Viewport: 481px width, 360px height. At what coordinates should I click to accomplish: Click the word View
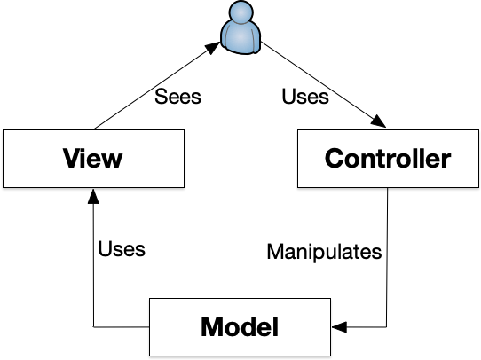point(92,160)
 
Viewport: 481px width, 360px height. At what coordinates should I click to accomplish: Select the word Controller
point(388,160)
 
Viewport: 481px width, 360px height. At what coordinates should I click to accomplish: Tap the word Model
point(240,327)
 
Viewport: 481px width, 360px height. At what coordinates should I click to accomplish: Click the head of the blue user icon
point(240,13)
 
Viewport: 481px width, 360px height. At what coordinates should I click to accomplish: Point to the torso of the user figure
point(240,37)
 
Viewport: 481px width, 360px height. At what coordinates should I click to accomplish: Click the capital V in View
point(71,160)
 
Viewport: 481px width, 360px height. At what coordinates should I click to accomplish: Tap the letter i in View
point(84,160)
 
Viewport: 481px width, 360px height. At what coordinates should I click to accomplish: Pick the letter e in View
point(96,161)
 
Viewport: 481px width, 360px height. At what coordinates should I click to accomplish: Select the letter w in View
point(113,161)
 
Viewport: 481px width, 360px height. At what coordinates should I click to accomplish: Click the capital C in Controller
point(335,160)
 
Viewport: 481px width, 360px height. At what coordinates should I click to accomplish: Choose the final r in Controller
point(446,161)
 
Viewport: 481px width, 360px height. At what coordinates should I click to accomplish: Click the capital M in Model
point(212,327)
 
